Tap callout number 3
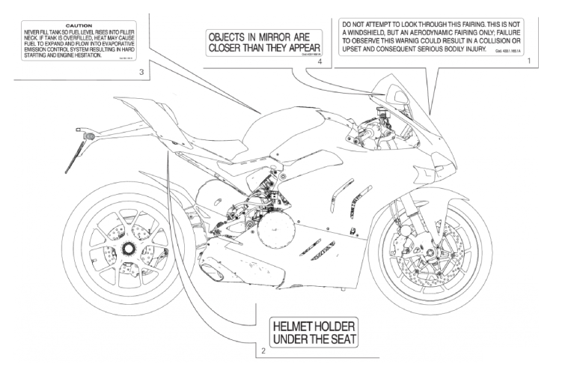click(x=141, y=73)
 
